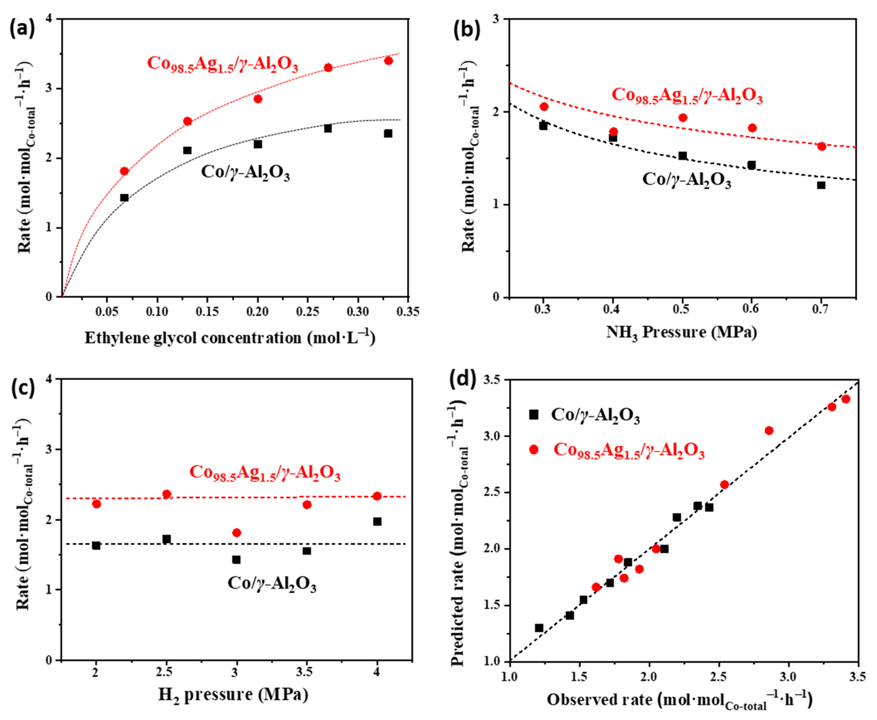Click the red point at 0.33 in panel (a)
pos(388,61)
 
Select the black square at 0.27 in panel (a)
pos(328,129)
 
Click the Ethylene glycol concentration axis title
pos(230,338)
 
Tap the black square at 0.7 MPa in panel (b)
pos(821,185)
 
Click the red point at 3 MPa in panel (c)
pos(236,532)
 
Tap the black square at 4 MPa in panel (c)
pos(377,521)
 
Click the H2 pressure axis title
pos(233,694)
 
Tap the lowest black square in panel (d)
pos(539,628)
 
